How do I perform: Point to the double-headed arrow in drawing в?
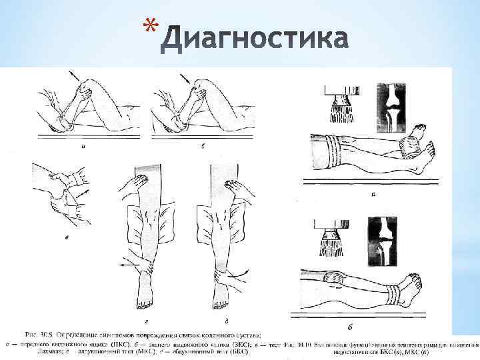(81, 193)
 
